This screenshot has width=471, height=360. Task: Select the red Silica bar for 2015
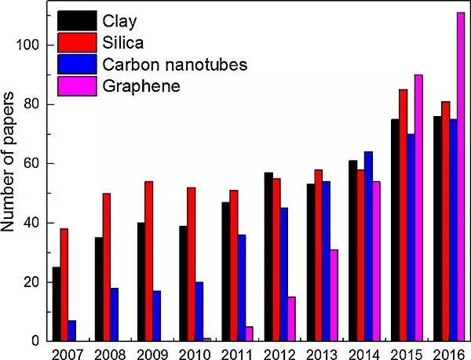(425, 215)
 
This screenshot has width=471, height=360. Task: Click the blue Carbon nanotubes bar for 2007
(72, 330)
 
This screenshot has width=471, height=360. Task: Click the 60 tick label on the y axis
(30, 164)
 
